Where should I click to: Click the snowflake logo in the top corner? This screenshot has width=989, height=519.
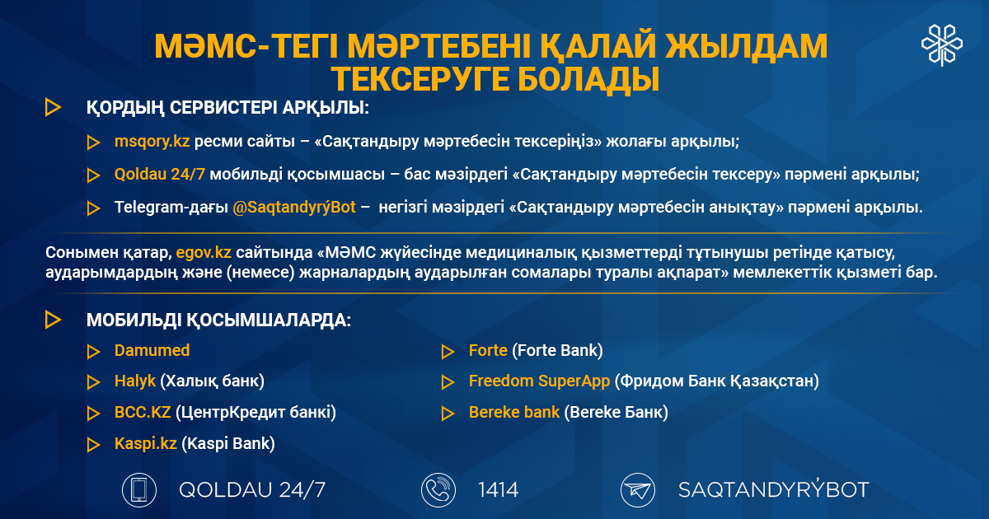(942, 45)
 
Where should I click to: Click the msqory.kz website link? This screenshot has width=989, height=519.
(152, 141)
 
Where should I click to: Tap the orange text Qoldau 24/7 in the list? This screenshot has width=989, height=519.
(159, 175)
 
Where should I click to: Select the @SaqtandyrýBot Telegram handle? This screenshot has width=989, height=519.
(294, 207)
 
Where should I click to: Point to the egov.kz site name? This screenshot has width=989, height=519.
(204, 252)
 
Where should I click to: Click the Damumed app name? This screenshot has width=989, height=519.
(152, 350)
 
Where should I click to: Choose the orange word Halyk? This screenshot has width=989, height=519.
(135, 381)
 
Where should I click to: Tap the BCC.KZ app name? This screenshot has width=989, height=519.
(143, 412)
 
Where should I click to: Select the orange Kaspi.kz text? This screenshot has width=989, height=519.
(146, 443)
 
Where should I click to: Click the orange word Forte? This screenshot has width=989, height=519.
(488, 350)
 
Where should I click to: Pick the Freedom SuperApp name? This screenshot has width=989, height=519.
(539, 381)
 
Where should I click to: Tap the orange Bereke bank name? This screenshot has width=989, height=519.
(514, 412)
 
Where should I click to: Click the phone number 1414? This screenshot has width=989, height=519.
(498, 490)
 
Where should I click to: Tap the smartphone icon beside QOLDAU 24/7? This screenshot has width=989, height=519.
(139, 490)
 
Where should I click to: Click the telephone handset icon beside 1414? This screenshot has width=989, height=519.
(438, 490)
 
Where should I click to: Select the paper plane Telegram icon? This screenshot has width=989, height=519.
(638, 490)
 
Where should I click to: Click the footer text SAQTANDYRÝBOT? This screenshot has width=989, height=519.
(774, 489)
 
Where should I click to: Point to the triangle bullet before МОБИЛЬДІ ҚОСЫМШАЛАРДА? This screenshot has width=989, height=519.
(53, 320)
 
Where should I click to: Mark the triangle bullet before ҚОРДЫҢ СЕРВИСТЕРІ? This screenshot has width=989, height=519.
(53, 108)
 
